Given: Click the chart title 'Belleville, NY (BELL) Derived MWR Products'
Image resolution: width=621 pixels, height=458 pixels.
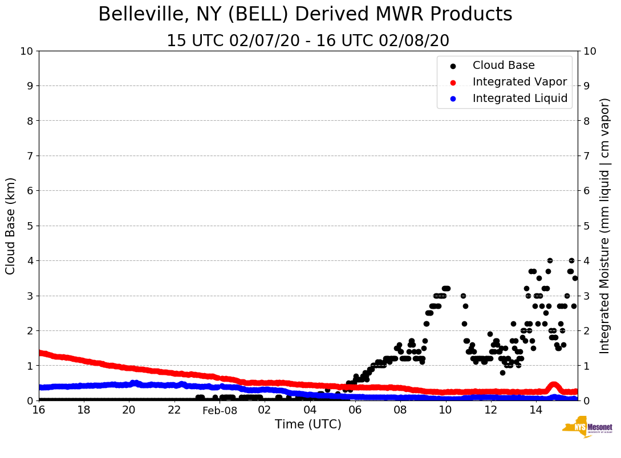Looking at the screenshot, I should (305, 14).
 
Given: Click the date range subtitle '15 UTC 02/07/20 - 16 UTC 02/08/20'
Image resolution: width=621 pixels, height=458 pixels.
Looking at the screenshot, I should (308, 41).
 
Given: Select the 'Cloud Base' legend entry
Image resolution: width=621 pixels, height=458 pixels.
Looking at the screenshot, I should (504, 66).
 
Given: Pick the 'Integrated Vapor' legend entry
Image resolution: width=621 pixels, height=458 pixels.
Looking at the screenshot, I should (519, 82).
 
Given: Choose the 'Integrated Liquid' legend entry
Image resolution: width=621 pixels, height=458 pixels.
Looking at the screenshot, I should (520, 99).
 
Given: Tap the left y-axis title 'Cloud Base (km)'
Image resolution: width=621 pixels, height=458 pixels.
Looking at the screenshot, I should (11, 226).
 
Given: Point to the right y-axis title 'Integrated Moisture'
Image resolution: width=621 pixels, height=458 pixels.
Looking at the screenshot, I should (605, 226).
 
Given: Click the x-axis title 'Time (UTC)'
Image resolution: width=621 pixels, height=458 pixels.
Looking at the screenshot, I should (308, 424).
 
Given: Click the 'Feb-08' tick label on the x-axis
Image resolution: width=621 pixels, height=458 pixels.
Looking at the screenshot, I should (220, 410).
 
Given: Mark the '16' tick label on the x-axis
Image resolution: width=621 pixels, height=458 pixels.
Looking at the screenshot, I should (39, 410).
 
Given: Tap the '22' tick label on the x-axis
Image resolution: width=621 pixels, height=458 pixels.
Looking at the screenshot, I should (174, 410).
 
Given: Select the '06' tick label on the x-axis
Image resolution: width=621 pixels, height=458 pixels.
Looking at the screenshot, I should (355, 410).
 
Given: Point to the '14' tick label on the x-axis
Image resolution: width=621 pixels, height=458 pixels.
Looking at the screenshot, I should (535, 410).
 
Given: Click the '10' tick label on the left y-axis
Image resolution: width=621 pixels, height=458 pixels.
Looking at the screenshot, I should (26, 51).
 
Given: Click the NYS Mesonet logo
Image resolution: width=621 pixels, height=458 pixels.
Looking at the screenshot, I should (587, 429).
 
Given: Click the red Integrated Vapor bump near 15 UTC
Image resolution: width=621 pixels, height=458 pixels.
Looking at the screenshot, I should (553, 386).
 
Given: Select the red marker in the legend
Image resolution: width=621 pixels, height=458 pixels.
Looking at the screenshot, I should (453, 82).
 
